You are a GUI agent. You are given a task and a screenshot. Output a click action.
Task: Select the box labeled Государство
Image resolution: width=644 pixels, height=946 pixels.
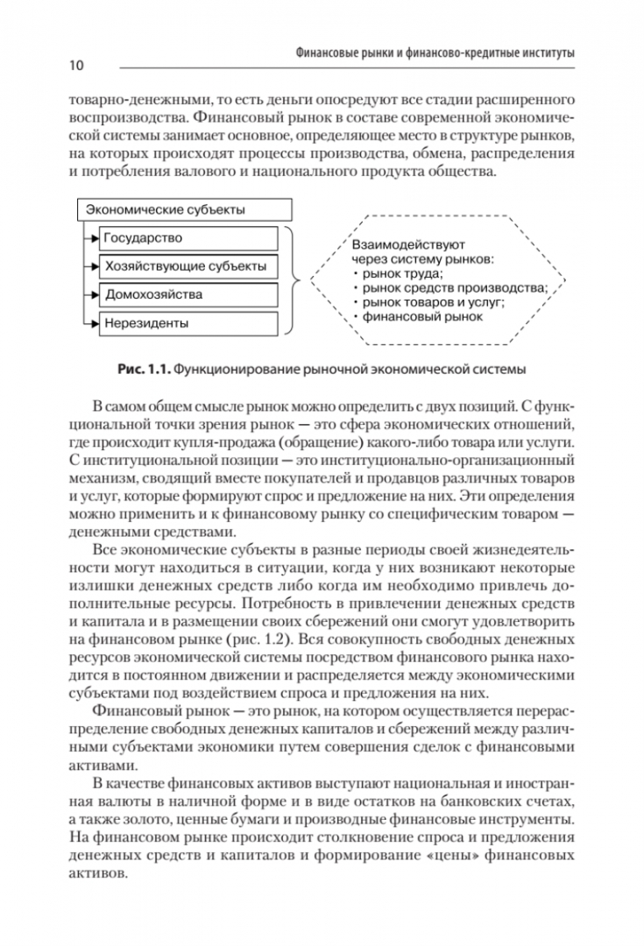[189, 238]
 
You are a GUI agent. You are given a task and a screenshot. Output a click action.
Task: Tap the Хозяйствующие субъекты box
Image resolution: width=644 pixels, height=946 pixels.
[189, 266]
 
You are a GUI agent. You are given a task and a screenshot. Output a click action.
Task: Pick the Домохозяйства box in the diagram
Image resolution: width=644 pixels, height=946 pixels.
[189, 294]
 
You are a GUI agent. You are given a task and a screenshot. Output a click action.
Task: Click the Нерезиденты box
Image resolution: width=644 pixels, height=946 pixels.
[189, 323]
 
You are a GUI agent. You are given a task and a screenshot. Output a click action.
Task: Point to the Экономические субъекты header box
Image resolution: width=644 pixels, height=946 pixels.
[184, 210]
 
